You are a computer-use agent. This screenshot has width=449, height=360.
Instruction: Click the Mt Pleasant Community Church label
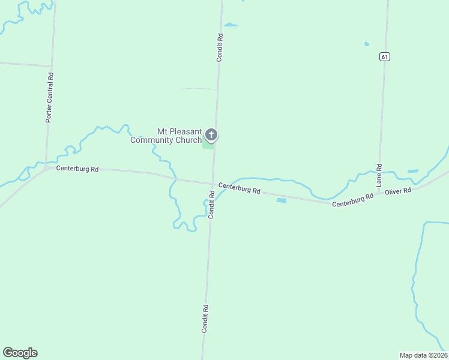tap(166, 136)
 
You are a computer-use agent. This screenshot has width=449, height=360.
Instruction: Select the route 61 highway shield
tap(385, 56)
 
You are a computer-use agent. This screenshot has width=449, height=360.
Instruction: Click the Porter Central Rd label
tap(50, 98)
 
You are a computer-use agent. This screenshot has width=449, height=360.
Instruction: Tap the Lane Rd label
tap(379, 175)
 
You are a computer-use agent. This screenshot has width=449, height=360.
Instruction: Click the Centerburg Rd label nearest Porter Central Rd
tap(77, 169)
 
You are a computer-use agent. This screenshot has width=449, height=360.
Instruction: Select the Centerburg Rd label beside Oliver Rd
tap(353, 200)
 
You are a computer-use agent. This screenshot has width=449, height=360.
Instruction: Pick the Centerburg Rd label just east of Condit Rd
tap(239, 188)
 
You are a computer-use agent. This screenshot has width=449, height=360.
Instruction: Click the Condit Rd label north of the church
tap(220, 47)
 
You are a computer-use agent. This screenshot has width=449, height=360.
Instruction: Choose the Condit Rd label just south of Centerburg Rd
tap(211, 204)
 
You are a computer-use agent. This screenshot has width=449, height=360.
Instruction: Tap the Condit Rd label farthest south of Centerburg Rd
tap(205, 319)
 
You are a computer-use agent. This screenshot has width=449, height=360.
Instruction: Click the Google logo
tap(20, 353)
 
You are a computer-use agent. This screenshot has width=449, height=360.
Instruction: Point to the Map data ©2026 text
tap(423, 355)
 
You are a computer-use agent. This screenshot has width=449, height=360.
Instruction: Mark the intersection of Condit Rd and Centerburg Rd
tap(213, 184)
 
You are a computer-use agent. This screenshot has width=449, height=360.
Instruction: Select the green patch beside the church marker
tap(207, 145)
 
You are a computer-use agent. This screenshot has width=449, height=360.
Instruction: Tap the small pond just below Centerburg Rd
tap(281, 200)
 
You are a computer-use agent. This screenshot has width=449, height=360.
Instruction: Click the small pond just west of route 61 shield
tap(366, 44)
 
